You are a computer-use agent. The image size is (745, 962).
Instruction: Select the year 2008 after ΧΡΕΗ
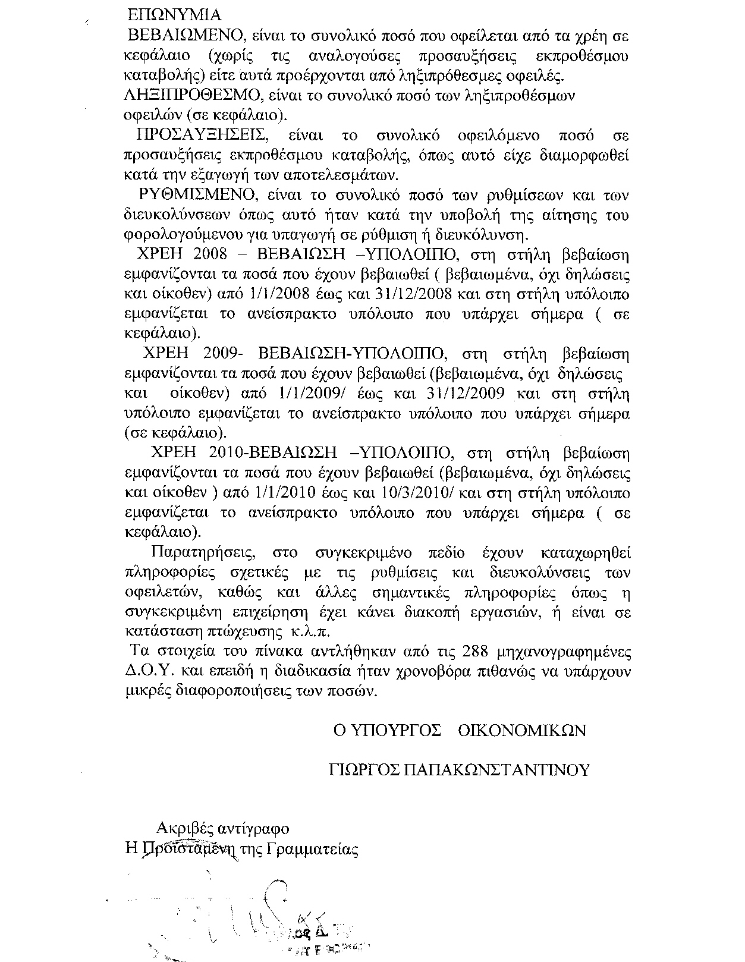(210, 254)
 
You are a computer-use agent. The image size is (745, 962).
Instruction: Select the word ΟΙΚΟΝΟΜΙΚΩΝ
(523, 730)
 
